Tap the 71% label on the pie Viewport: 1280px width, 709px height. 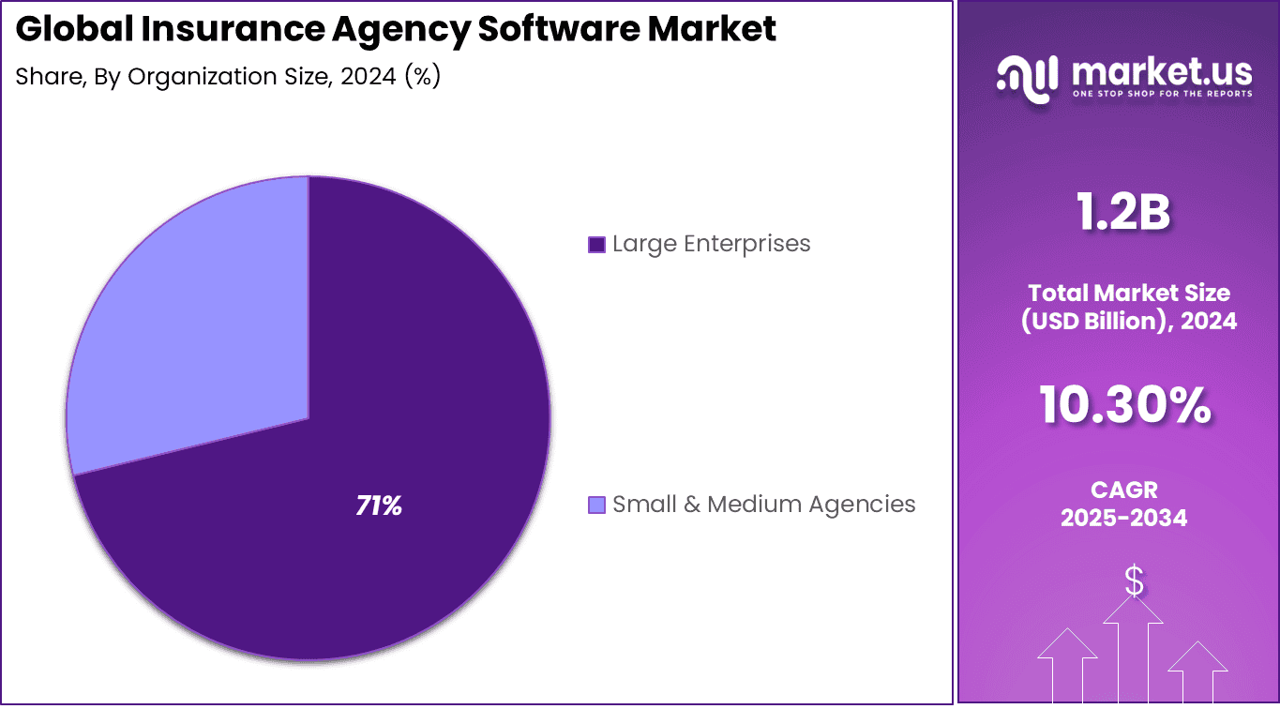(x=379, y=506)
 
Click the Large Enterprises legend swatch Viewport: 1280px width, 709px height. (x=596, y=245)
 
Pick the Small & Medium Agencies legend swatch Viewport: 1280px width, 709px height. (x=596, y=505)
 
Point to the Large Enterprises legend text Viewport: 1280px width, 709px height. (x=711, y=244)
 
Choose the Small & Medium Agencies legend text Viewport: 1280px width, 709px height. (x=763, y=505)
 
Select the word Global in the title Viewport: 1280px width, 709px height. (x=73, y=30)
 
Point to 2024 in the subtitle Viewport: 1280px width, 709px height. (x=368, y=77)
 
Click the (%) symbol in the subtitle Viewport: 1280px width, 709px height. (x=422, y=77)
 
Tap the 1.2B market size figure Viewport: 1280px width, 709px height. (x=1123, y=213)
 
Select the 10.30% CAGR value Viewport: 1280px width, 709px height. (x=1123, y=406)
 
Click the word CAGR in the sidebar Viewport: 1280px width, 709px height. (x=1123, y=490)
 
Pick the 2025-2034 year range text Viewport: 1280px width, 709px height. (x=1123, y=518)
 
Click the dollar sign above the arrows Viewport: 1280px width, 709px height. (x=1134, y=582)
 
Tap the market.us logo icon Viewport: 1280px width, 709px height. (x=1026, y=75)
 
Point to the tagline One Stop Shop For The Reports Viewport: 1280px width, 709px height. (x=1161, y=94)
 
